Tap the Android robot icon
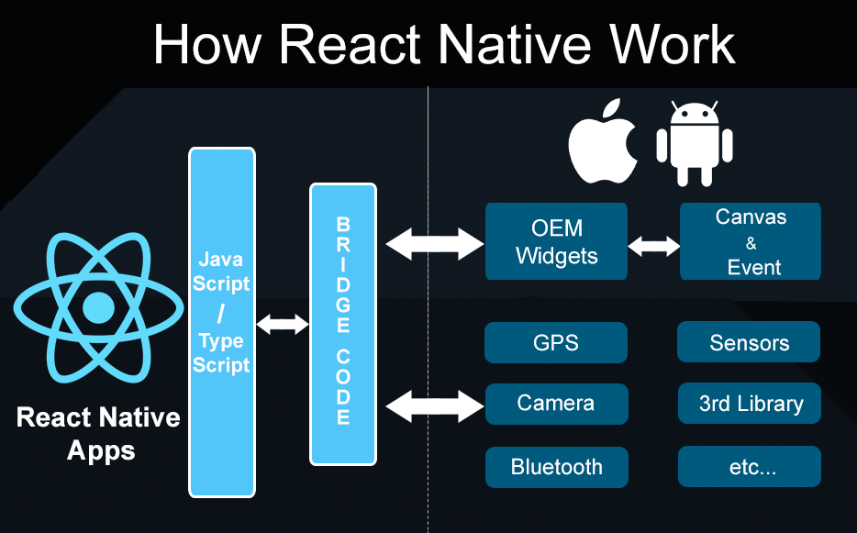[694, 144]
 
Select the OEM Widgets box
[556, 241]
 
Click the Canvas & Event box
[751, 241]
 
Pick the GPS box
[556, 342]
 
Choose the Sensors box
[749, 342]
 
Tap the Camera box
[556, 404]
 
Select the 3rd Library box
[750, 404]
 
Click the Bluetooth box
[556, 467]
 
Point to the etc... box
[750, 467]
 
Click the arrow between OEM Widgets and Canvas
[653, 246]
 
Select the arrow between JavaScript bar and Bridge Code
[283, 324]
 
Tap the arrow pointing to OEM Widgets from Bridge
[435, 244]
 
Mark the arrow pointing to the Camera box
[435, 406]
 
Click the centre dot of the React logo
[98, 307]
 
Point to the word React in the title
[351, 44]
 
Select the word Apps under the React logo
[101, 451]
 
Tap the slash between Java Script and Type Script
[221, 313]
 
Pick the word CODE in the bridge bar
[342, 387]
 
